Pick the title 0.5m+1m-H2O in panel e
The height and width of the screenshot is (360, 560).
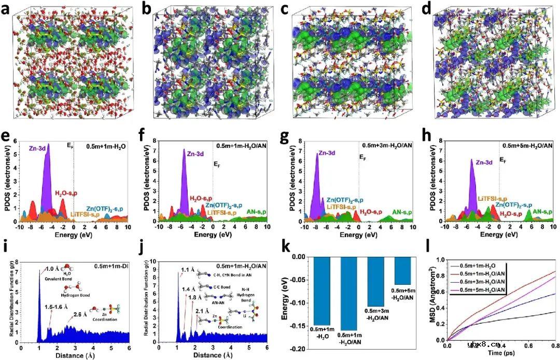[106, 147]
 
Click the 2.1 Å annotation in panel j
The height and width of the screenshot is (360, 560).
[203, 310]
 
